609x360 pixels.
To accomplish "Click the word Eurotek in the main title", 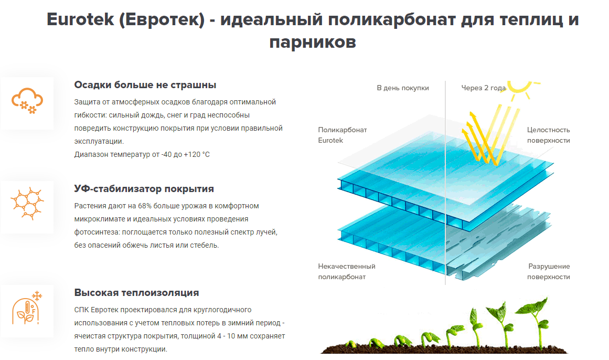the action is coord(80,19).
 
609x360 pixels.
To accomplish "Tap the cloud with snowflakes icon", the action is coord(27,101).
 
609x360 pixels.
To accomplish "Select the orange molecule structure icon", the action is coord(27,204).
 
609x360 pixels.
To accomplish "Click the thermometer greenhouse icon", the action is coord(27,308).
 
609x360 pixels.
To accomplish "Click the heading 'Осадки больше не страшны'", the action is coord(145,84).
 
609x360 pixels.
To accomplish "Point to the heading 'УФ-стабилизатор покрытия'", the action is coord(144,188).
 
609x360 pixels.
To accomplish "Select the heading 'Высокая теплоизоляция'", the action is coord(136,292).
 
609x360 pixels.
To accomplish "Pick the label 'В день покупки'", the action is coord(403,88).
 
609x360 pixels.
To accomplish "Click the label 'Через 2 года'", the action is coord(484,88).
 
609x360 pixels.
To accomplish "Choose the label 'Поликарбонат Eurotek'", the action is coord(342,135).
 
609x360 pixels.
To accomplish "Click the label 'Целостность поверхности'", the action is coord(548,135).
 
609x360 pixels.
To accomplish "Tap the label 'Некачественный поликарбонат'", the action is coord(346,271).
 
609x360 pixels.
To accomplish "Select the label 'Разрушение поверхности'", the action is coord(548,271).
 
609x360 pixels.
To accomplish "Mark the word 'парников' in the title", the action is coord(313,42).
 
